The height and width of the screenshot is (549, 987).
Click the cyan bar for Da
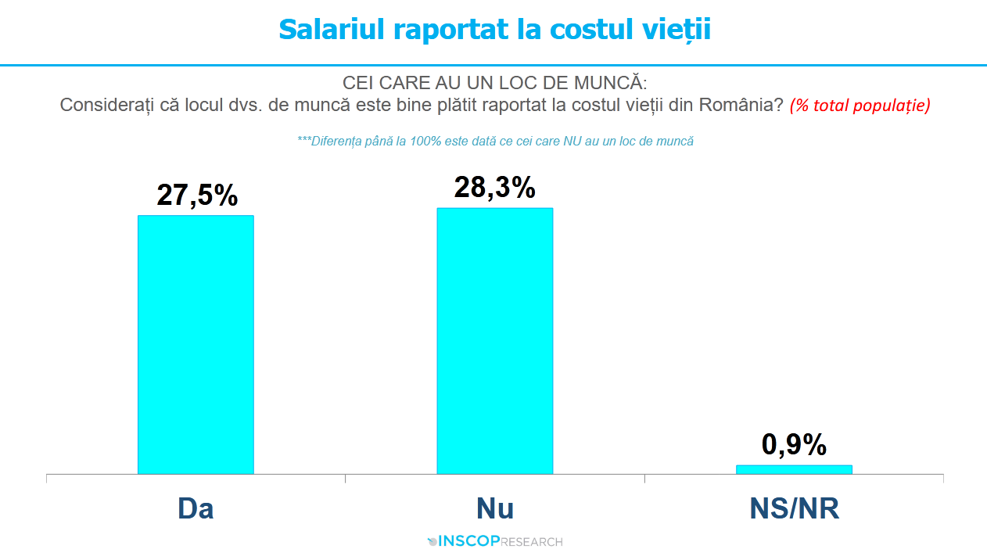[x=196, y=344]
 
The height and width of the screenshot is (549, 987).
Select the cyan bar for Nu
[x=494, y=340]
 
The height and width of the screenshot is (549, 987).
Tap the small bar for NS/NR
[x=794, y=469]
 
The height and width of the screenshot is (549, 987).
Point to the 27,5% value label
[x=197, y=196]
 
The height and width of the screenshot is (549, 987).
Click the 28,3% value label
[x=495, y=188]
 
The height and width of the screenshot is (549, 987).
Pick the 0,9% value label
[x=794, y=445]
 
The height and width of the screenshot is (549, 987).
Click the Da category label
[x=196, y=509]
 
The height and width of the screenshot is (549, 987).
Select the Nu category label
[x=495, y=509]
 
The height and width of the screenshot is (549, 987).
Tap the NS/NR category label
[x=794, y=509]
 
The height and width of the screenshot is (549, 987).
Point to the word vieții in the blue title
[x=677, y=30]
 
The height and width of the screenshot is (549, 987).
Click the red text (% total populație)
[x=860, y=106]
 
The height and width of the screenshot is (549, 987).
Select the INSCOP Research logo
[x=495, y=541]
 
